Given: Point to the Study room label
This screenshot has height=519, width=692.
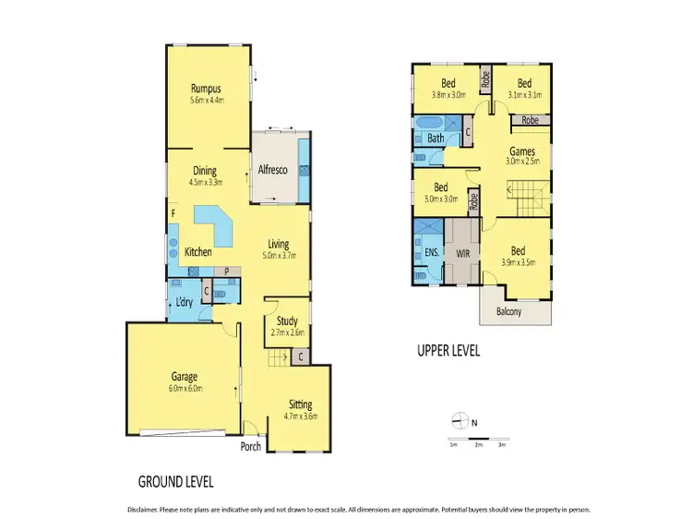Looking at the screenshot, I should pyautogui.click(x=285, y=320).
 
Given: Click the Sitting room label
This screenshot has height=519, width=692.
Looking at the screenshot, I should pyautogui.click(x=299, y=404).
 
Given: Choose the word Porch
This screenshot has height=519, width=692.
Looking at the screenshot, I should pyautogui.click(x=250, y=447).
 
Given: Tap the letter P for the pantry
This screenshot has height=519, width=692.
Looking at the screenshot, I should pyautogui.click(x=227, y=272).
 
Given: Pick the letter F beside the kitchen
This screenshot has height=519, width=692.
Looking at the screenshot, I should pyautogui.click(x=172, y=214).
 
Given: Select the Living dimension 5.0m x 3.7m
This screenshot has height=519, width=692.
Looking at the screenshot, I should pyautogui.click(x=278, y=256).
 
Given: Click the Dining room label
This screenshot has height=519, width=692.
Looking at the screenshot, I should pyautogui.click(x=205, y=170).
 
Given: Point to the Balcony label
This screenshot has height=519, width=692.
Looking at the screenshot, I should pyautogui.click(x=508, y=311).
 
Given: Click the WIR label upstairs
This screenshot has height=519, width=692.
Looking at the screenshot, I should pyautogui.click(x=464, y=249).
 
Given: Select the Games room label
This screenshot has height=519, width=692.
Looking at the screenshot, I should pyautogui.click(x=522, y=151).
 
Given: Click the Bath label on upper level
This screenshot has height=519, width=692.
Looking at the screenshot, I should pyautogui.click(x=435, y=139).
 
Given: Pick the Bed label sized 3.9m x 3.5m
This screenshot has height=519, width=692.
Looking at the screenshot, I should pyautogui.click(x=518, y=251).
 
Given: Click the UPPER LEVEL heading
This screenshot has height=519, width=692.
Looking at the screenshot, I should pyautogui.click(x=448, y=350).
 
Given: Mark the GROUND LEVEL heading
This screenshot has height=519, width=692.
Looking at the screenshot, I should pyautogui.click(x=176, y=481).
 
